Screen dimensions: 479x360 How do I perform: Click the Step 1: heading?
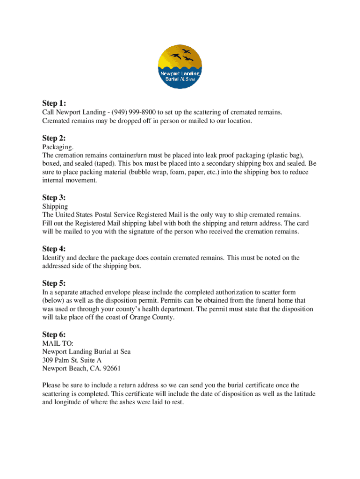(x=54, y=103)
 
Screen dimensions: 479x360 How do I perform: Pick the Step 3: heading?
(x=54, y=197)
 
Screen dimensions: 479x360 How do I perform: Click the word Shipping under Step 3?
(x=55, y=206)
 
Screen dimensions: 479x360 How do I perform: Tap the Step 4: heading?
(x=54, y=248)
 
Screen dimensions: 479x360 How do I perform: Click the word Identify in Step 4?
(x=53, y=258)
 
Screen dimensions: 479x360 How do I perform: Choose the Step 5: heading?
(x=54, y=283)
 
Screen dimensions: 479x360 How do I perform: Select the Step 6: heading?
(x=54, y=334)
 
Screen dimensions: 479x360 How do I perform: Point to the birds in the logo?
(x=183, y=56)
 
